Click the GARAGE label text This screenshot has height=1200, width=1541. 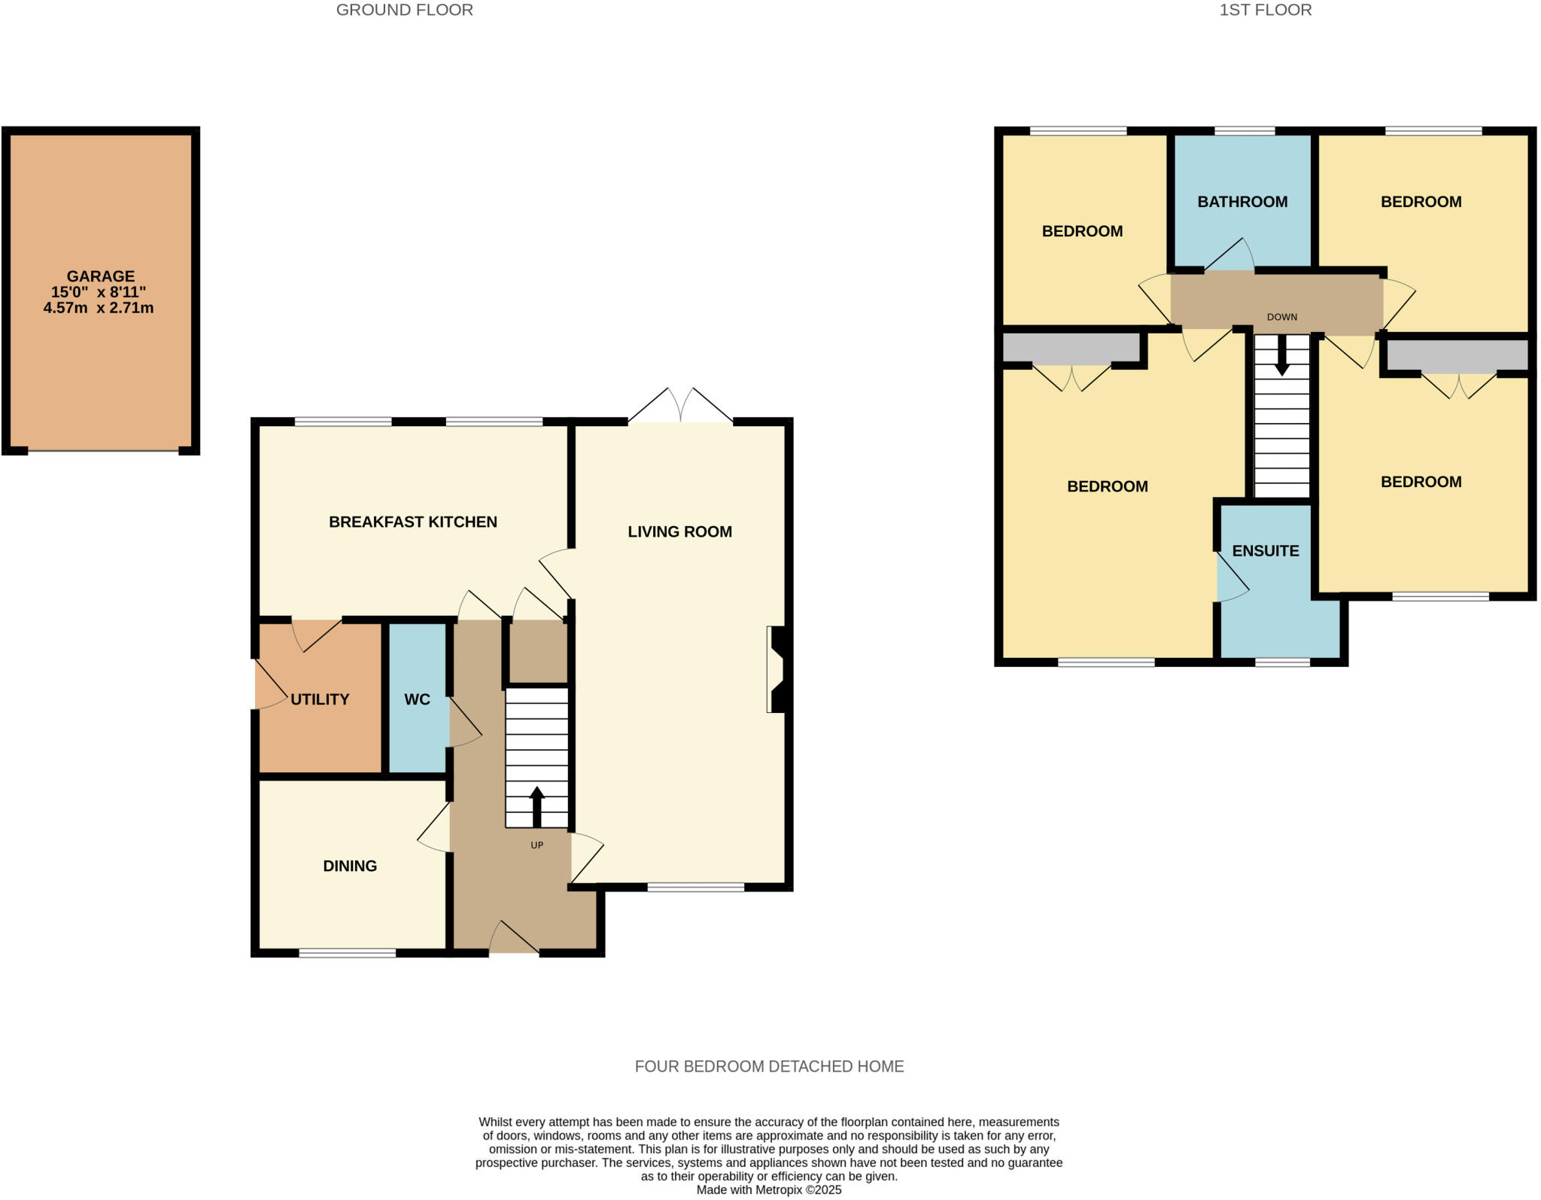(100, 276)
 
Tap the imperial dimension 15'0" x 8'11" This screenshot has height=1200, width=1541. (99, 292)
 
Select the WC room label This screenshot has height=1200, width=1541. (417, 699)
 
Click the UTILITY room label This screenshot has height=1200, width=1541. (320, 699)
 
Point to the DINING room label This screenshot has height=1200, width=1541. (350, 866)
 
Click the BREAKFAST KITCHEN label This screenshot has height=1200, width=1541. (412, 522)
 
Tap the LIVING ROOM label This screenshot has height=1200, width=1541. (679, 531)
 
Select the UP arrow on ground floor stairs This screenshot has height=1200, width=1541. (536, 806)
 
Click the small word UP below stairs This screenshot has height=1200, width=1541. (536, 845)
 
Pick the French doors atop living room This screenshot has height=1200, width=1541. (680, 407)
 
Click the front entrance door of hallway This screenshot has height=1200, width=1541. (515, 941)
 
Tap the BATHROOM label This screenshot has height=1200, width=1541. (1242, 202)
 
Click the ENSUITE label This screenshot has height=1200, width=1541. (1266, 551)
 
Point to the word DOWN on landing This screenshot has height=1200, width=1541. (1281, 317)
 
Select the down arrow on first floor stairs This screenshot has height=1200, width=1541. (1281, 357)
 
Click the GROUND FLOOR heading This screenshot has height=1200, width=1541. (404, 10)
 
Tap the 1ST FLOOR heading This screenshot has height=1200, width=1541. (1265, 10)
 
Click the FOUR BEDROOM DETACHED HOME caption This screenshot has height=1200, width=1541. (769, 1066)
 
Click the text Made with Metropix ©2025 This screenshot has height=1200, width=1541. (768, 1190)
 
